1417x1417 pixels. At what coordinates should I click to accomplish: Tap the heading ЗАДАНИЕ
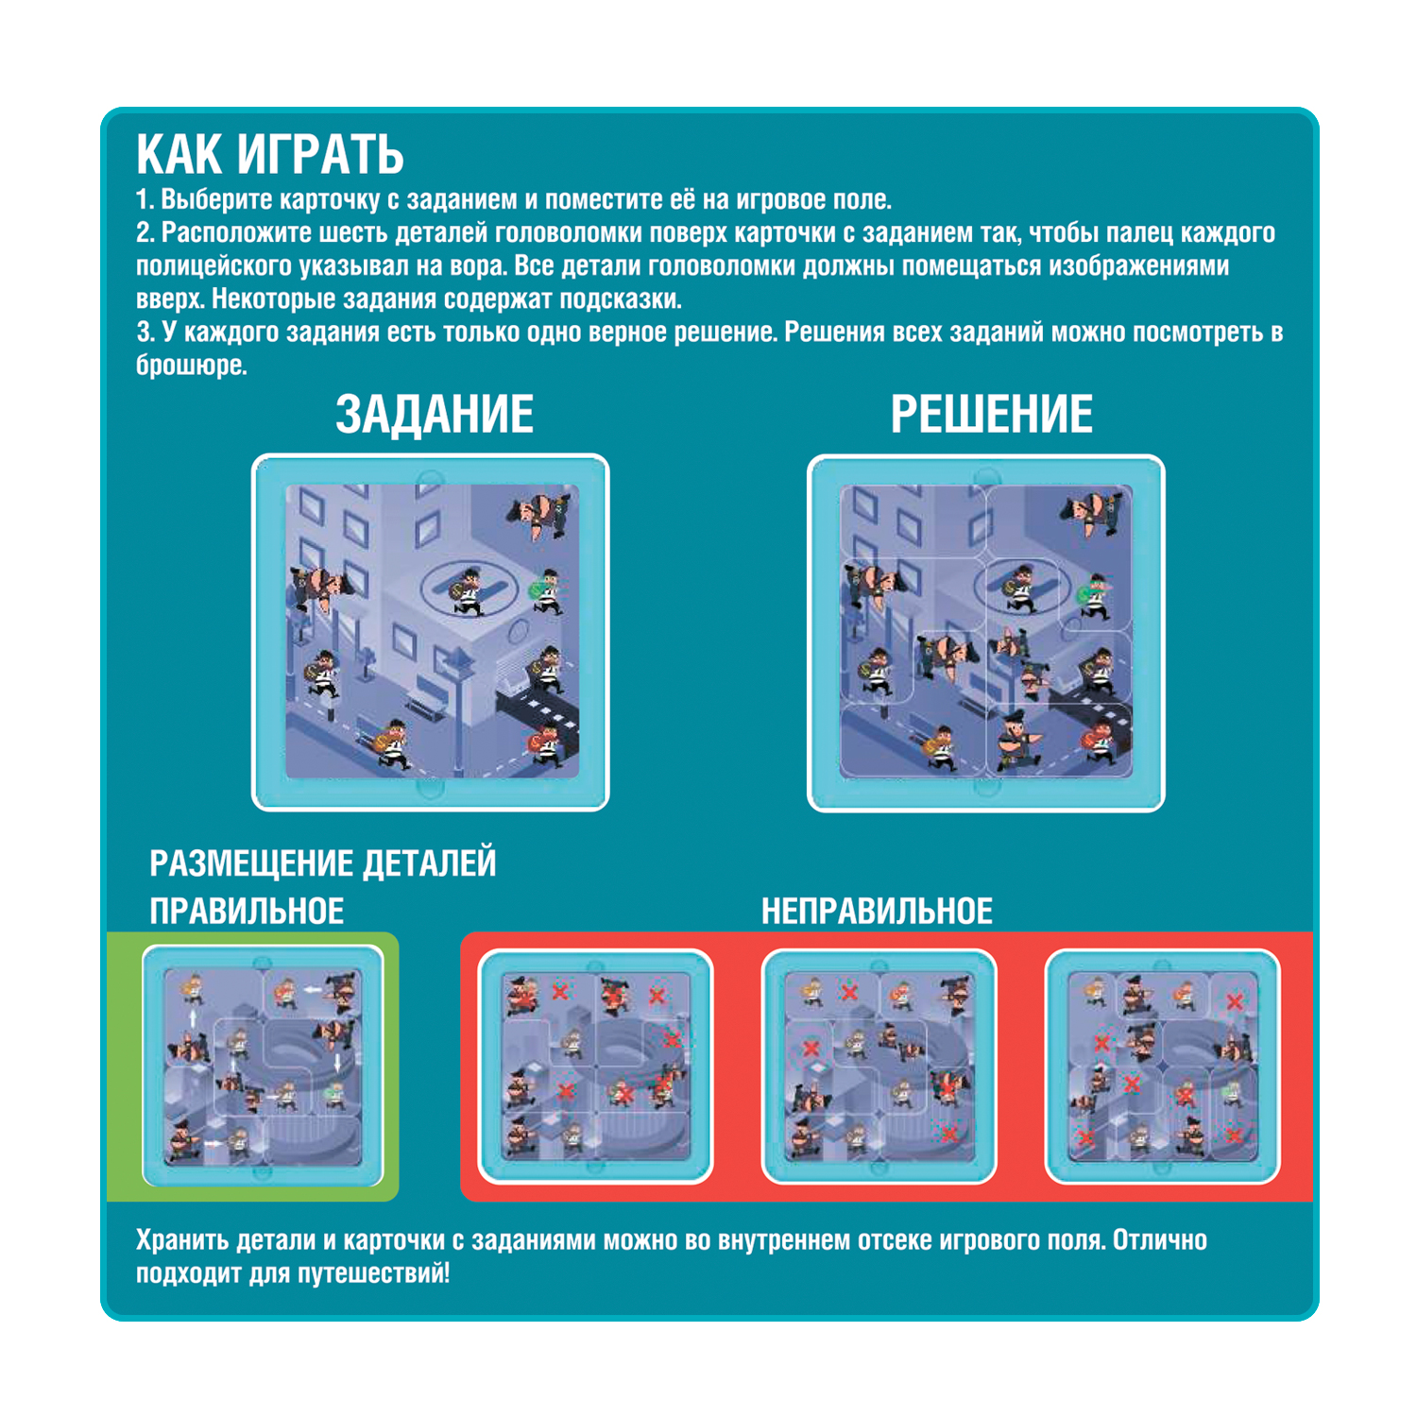[x=435, y=415]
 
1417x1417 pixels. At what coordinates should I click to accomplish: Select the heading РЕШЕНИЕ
[x=992, y=415]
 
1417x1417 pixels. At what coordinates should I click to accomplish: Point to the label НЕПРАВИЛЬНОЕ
[x=877, y=911]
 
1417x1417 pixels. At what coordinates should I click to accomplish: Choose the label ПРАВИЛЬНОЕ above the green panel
[x=247, y=911]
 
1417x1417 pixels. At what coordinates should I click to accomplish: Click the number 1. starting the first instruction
[x=145, y=200]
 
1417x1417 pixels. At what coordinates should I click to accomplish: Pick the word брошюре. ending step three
[x=192, y=366]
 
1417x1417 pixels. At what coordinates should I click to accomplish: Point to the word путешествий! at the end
[x=374, y=1273]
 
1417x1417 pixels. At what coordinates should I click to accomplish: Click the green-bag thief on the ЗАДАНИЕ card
[x=545, y=591]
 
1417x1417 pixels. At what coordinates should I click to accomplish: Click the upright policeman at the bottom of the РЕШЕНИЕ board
[x=1016, y=738]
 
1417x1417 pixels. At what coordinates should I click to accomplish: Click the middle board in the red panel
[x=879, y=1067]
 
